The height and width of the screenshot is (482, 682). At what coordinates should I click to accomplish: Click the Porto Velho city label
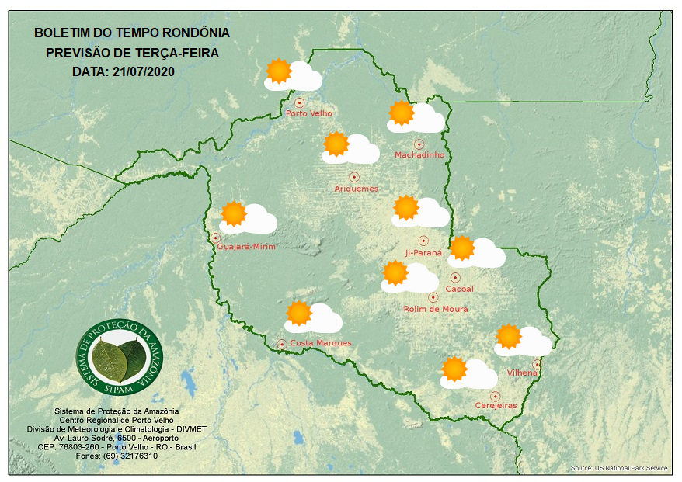coord(309,113)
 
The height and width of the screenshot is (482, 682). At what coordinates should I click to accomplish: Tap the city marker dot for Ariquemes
coord(354,177)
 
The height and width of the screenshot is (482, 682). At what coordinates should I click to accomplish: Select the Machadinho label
coord(419,155)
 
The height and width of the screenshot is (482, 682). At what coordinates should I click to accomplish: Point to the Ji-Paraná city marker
coord(423,241)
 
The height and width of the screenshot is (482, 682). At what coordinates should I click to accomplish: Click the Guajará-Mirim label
coord(246,247)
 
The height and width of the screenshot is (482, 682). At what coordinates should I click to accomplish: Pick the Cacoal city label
coord(459,290)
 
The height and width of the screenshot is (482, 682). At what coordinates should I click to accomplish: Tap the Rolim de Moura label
coord(436,309)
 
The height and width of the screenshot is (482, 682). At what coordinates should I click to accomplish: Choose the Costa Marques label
coord(321,343)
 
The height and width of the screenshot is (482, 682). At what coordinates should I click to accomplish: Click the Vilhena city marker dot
coord(537,364)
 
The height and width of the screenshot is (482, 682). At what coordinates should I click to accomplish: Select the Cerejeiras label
coord(496,405)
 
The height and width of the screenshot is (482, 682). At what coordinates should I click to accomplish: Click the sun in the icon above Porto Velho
coord(278,71)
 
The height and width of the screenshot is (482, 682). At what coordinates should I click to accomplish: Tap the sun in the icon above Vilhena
coord(509,336)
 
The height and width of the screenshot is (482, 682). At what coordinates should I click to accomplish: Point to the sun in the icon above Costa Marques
coord(298,313)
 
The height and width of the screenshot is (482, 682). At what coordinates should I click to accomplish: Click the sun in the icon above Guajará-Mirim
coord(233,213)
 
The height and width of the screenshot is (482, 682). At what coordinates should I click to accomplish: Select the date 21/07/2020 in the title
coord(143,71)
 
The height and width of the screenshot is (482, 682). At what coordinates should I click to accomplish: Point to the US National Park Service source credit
coord(619,468)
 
